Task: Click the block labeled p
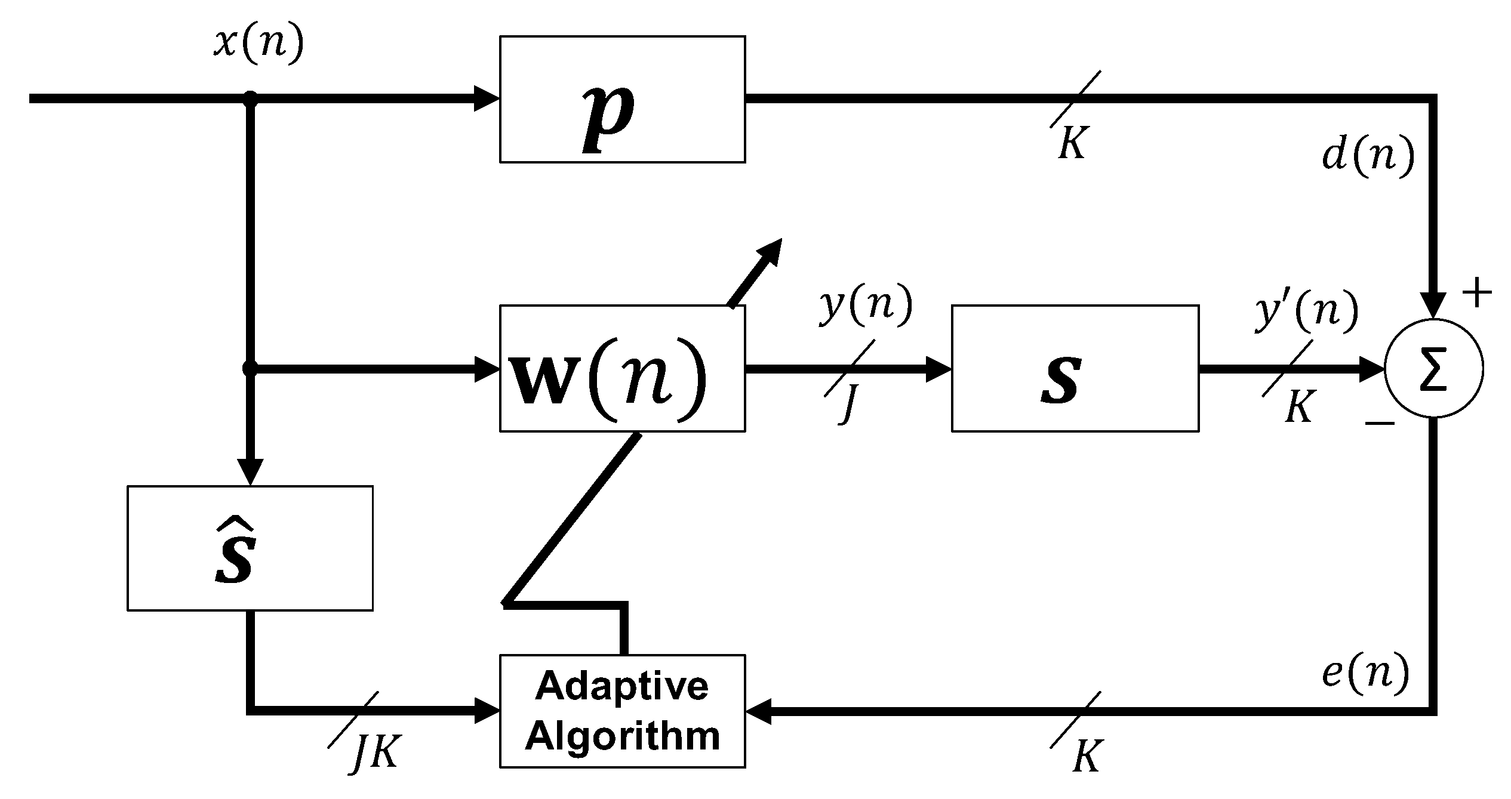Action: (622, 99)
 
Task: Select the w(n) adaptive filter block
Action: (622, 369)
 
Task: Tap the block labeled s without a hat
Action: (1075, 369)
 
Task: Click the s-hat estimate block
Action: (250, 548)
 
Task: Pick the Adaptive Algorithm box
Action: (622, 711)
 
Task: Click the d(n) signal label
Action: (1368, 157)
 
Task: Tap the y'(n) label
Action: (1306, 311)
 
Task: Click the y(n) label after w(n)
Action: (865, 307)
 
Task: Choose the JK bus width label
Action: (374, 754)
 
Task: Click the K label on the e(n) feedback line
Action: (1087, 757)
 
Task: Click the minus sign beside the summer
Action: (1379, 423)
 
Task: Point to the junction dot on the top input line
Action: (251, 98)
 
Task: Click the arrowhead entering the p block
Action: (487, 98)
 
